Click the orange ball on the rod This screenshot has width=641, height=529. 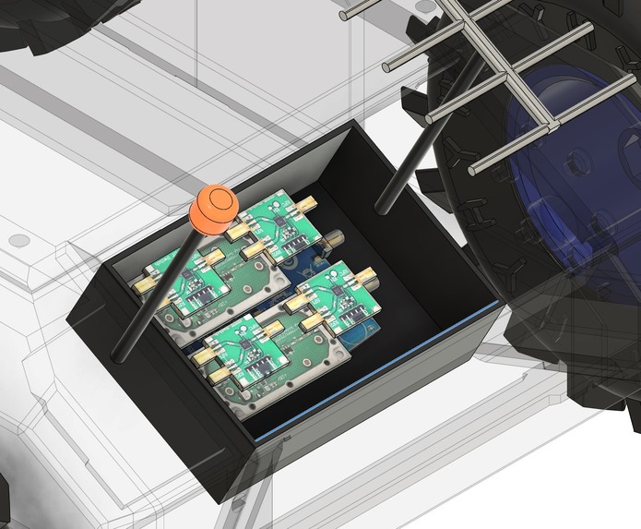pyautogui.click(x=214, y=209)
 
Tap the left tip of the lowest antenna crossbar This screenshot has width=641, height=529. pyautogui.click(x=475, y=169)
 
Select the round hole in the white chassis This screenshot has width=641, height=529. pyautogui.click(x=16, y=241)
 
